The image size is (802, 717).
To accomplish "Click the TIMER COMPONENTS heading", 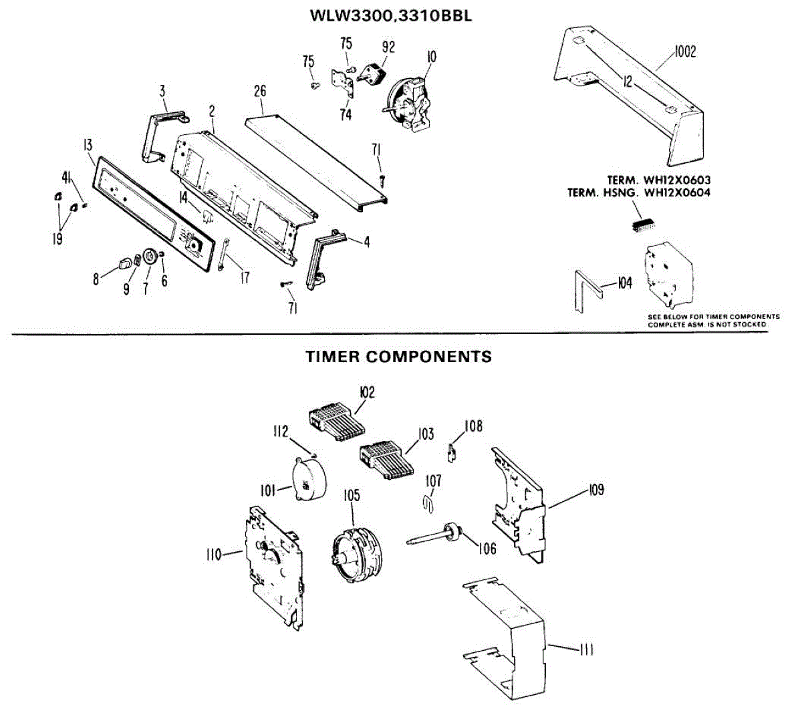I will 398,357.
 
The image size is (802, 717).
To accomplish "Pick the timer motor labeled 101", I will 305,480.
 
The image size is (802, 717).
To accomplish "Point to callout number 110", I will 214,554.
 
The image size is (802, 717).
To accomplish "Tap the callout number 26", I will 260,90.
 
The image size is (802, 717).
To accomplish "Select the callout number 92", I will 388,47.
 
